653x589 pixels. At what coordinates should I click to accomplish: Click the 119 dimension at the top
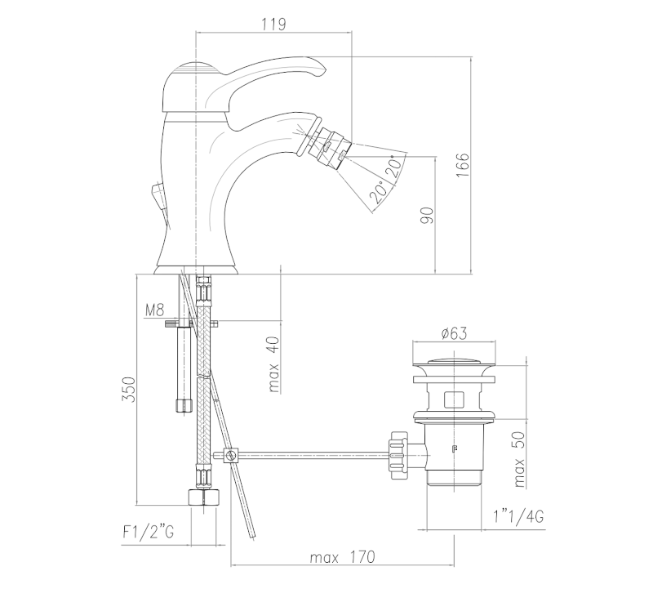[x=274, y=25]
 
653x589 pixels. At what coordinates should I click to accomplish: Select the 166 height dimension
[x=462, y=165]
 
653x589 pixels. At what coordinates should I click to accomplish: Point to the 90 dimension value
[x=427, y=215]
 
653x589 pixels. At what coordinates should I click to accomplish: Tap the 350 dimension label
[x=129, y=390]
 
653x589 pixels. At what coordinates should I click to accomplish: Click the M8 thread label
[x=155, y=310]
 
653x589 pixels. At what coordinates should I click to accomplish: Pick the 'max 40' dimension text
[x=273, y=364]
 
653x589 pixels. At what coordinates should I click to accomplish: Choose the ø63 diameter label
[x=454, y=333]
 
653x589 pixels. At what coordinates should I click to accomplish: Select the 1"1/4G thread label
[x=518, y=517]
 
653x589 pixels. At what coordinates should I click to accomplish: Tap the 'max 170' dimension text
[x=342, y=557]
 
